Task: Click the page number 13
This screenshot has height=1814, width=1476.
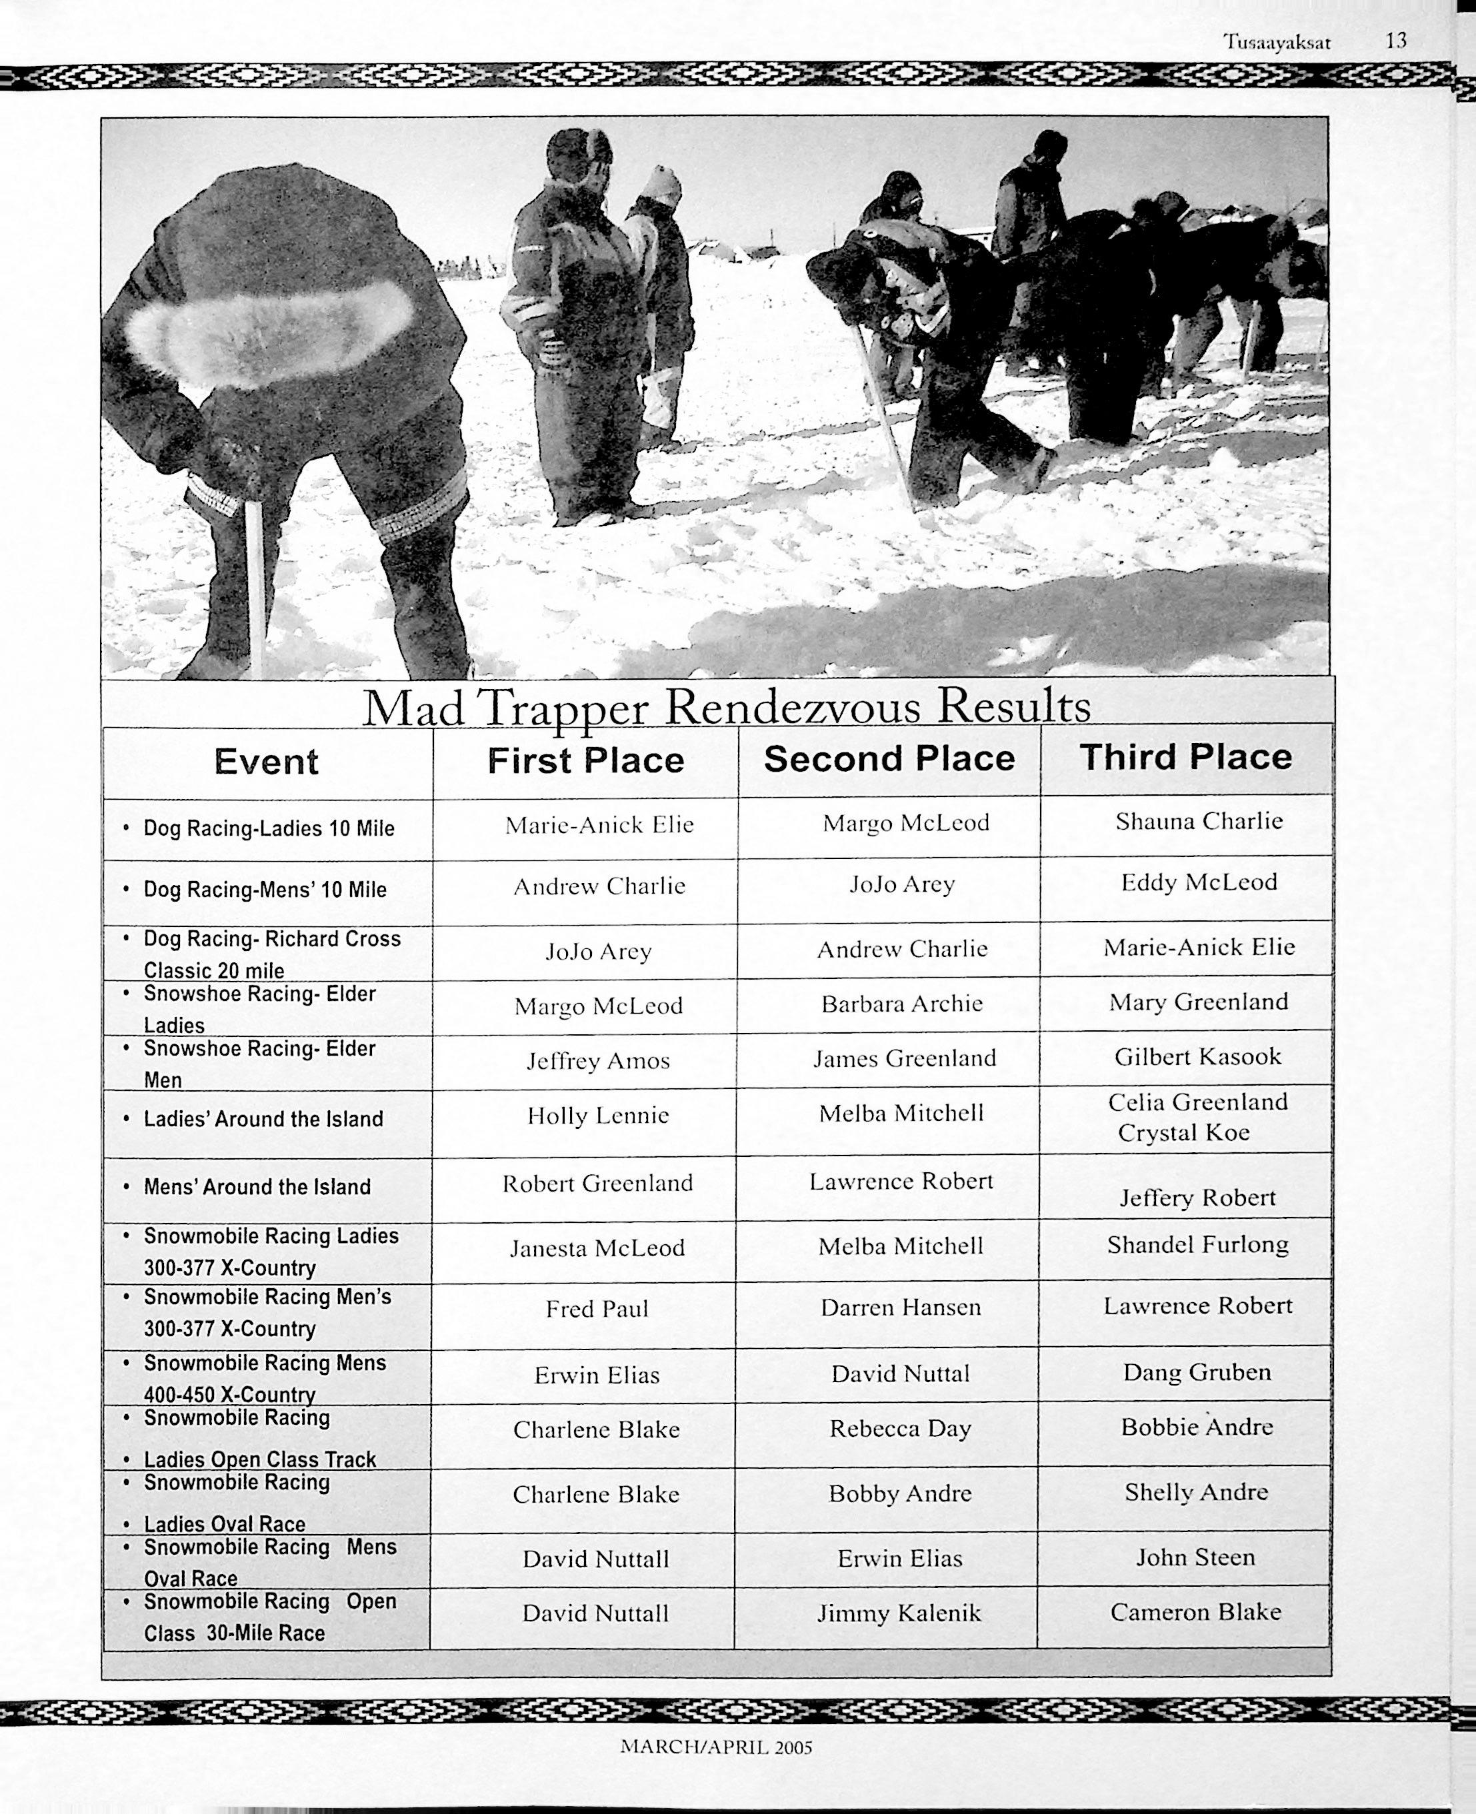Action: tap(1395, 41)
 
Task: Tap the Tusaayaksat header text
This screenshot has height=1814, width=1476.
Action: tap(1277, 42)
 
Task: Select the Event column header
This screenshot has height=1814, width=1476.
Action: tap(266, 761)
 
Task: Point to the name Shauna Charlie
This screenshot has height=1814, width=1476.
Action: tap(1199, 821)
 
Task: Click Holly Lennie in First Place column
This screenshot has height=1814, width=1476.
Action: tap(598, 1116)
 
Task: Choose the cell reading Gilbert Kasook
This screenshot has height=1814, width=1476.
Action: tap(1197, 1056)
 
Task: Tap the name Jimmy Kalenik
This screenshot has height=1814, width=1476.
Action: tap(899, 1613)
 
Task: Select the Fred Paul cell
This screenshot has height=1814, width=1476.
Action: tap(597, 1308)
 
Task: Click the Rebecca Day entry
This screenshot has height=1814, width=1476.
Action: tap(901, 1428)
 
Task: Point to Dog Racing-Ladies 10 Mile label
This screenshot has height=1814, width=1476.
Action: tap(269, 829)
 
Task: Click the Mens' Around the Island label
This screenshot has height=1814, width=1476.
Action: tap(257, 1187)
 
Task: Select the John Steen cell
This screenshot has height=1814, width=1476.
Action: tap(1195, 1557)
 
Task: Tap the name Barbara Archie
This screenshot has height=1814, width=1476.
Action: tap(901, 1004)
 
